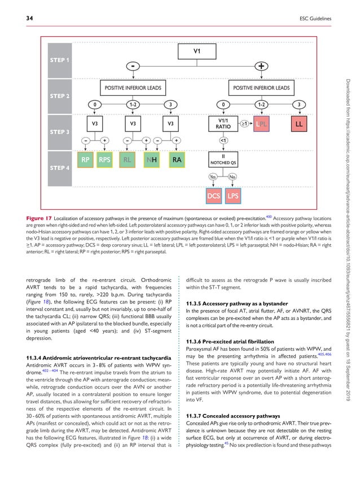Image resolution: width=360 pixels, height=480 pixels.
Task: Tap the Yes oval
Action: (213, 177)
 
